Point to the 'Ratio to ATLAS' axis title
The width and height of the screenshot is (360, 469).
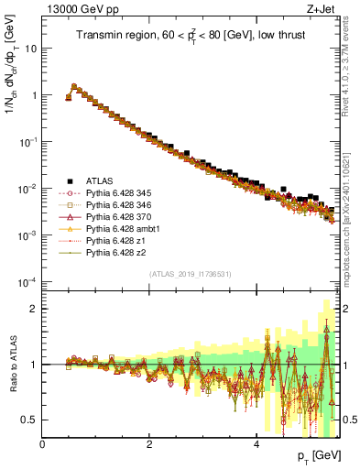pyautogui.click(x=13, y=365)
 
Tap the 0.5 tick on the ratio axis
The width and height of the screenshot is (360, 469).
pyautogui.click(x=30, y=420)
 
